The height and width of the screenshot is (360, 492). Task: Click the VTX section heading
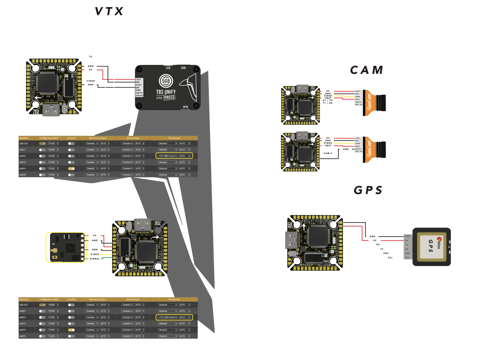[109, 12]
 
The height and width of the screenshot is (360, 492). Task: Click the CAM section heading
[366, 70]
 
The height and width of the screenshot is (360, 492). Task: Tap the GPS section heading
[368, 190]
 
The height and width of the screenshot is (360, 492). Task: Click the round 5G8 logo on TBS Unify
[166, 81]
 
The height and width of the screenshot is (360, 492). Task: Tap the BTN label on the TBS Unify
[185, 107]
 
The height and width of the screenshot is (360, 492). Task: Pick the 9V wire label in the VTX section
[91, 70]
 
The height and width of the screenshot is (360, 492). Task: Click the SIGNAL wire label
[95, 259]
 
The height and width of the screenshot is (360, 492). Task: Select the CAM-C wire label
[328, 153]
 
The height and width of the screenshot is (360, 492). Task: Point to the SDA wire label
[386, 253]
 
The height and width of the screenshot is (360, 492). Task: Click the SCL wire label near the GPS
[390, 258]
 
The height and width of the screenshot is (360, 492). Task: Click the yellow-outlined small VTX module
[66, 247]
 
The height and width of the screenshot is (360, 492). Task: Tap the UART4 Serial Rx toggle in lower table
[71, 330]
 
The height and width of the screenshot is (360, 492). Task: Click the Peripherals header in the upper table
[174, 138]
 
